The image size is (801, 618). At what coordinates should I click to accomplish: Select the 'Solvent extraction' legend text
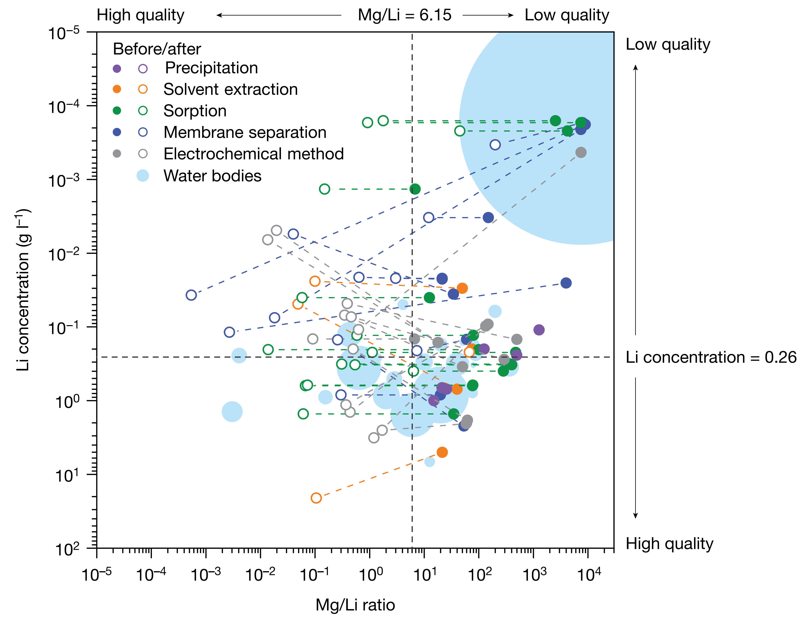pos(230,89)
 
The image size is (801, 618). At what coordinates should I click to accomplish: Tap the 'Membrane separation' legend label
pos(245,132)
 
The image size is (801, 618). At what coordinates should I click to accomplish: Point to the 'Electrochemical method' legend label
pos(253,154)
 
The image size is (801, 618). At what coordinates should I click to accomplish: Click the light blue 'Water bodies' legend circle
pos(143,176)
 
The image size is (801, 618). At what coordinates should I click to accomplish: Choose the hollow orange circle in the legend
pos(143,89)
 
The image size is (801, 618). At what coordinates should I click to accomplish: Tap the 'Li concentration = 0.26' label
pos(711,357)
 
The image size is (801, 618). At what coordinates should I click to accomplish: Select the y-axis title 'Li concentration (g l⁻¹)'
pos(23,290)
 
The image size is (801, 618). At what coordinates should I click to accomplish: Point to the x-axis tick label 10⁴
pos(589,574)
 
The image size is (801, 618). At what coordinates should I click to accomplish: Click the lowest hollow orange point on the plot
pos(316,498)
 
